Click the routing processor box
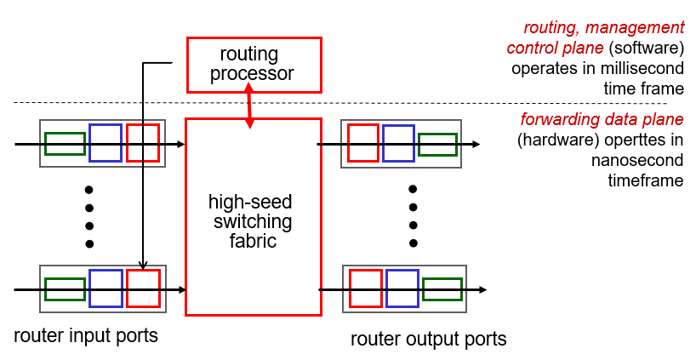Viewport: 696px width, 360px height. tap(254, 64)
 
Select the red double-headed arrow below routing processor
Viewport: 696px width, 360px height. tap(248, 106)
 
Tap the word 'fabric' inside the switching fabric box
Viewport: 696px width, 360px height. tap(253, 241)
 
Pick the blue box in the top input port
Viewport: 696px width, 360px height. tap(106, 143)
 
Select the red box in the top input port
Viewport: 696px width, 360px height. tap(143, 143)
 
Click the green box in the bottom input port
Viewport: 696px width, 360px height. tap(65, 289)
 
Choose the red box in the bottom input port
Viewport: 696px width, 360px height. tap(143, 288)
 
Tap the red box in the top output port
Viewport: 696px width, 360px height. tap(362, 143)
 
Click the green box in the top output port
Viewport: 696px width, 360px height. tap(437, 145)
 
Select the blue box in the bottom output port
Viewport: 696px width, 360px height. tap(402, 289)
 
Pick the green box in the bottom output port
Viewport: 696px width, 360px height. tap(442, 289)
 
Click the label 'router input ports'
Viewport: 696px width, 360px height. tap(86, 335)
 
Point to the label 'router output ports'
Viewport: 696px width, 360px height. tap(428, 340)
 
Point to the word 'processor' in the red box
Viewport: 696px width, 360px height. tap(254, 74)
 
